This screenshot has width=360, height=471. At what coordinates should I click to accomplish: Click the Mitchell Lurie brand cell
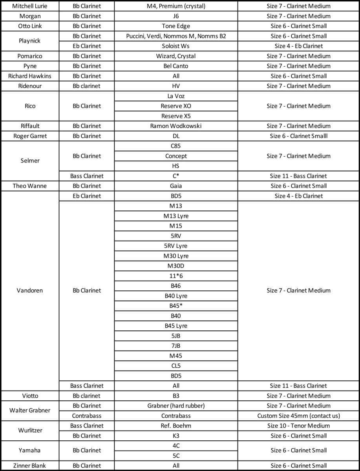pyautogui.click(x=30, y=6)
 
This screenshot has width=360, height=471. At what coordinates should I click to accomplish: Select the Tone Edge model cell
pyautogui.click(x=176, y=26)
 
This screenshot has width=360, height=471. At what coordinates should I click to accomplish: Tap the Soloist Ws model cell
pyautogui.click(x=176, y=46)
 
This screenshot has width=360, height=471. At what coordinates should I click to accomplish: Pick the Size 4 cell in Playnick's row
pyautogui.click(x=298, y=46)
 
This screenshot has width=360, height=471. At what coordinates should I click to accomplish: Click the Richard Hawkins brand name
pyautogui.click(x=30, y=76)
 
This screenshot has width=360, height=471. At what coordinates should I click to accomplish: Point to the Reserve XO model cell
pyautogui.click(x=176, y=106)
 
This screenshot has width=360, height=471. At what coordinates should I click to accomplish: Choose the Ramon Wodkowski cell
pyautogui.click(x=176, y=126)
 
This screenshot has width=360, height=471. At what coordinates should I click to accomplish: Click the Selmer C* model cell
pyautogui.click(x=176, y=176)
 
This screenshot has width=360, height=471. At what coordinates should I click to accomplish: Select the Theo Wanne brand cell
pyautogui.click(x=30, y=186)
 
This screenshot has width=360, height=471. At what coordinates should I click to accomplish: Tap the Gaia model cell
pyautogui.click(x=176, y=186)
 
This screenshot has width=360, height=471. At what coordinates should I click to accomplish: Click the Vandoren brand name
pyautogui.click(x=30, y=290)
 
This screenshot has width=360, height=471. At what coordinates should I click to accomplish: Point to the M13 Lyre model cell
pyautogui.click(x=176, y=216)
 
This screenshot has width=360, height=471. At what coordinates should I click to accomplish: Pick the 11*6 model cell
pyautogui.click(x=176, y=276)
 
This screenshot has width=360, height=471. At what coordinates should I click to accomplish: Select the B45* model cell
pyautogui.click(x=176, y=306)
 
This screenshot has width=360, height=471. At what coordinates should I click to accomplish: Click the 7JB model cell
pyautogui.click(x=176, y=346)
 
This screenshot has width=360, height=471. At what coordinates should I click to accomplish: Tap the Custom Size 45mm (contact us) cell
pyautogui.click(x=298, y=416)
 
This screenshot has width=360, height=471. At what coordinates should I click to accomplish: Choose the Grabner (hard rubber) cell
pyautogui.click(x=176, y=405)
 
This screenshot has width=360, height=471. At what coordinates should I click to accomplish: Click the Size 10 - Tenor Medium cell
pyautogui.click(x=298, y=425)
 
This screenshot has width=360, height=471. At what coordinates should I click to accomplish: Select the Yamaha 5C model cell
pyautogui.click(x=176, y=456)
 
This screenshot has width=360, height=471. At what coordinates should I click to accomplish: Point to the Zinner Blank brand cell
pyautogui.click(x=30, y=466)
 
